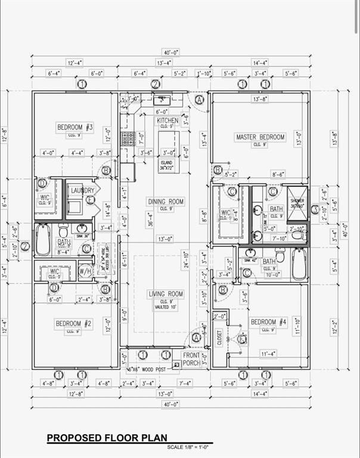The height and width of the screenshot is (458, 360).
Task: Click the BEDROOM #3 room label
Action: pyautogui.click(x=75, y=127)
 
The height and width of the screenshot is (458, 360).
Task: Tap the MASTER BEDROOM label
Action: pyautogui.click(x=260, y=137)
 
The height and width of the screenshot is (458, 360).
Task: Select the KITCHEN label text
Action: pyautogui.click(x=167, y=120)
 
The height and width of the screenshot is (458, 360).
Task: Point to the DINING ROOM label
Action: pyautogui.click(x=166, y=202)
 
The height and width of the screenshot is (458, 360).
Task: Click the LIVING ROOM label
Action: pyautogui.click(x=166, y=294)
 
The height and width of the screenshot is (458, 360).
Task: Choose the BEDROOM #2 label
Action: pyautogui.click(x=73, y=323)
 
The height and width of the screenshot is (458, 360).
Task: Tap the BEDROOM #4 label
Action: pyautogui.click(x=269, y=322)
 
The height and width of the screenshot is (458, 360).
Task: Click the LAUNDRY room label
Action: pyautogui.click(x=83, y=190)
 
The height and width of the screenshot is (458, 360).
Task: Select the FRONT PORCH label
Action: pyautogui.click(x=191, y=358)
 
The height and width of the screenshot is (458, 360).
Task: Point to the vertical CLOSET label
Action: pyautogui.click(x=219, y=339)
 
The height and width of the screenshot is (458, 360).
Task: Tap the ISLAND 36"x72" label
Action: pyautogui.click(x=168, y=166)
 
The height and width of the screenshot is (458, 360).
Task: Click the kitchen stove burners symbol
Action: pyautogui.click(x=128, y=139)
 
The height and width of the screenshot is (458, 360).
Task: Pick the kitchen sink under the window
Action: pyautogui.click(x=162, y=100)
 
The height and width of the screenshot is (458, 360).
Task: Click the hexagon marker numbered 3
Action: pyautogui.click(x=315, y=209)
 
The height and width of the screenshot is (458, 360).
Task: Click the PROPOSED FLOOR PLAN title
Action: pyautogui.click(x=107, y=438)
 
